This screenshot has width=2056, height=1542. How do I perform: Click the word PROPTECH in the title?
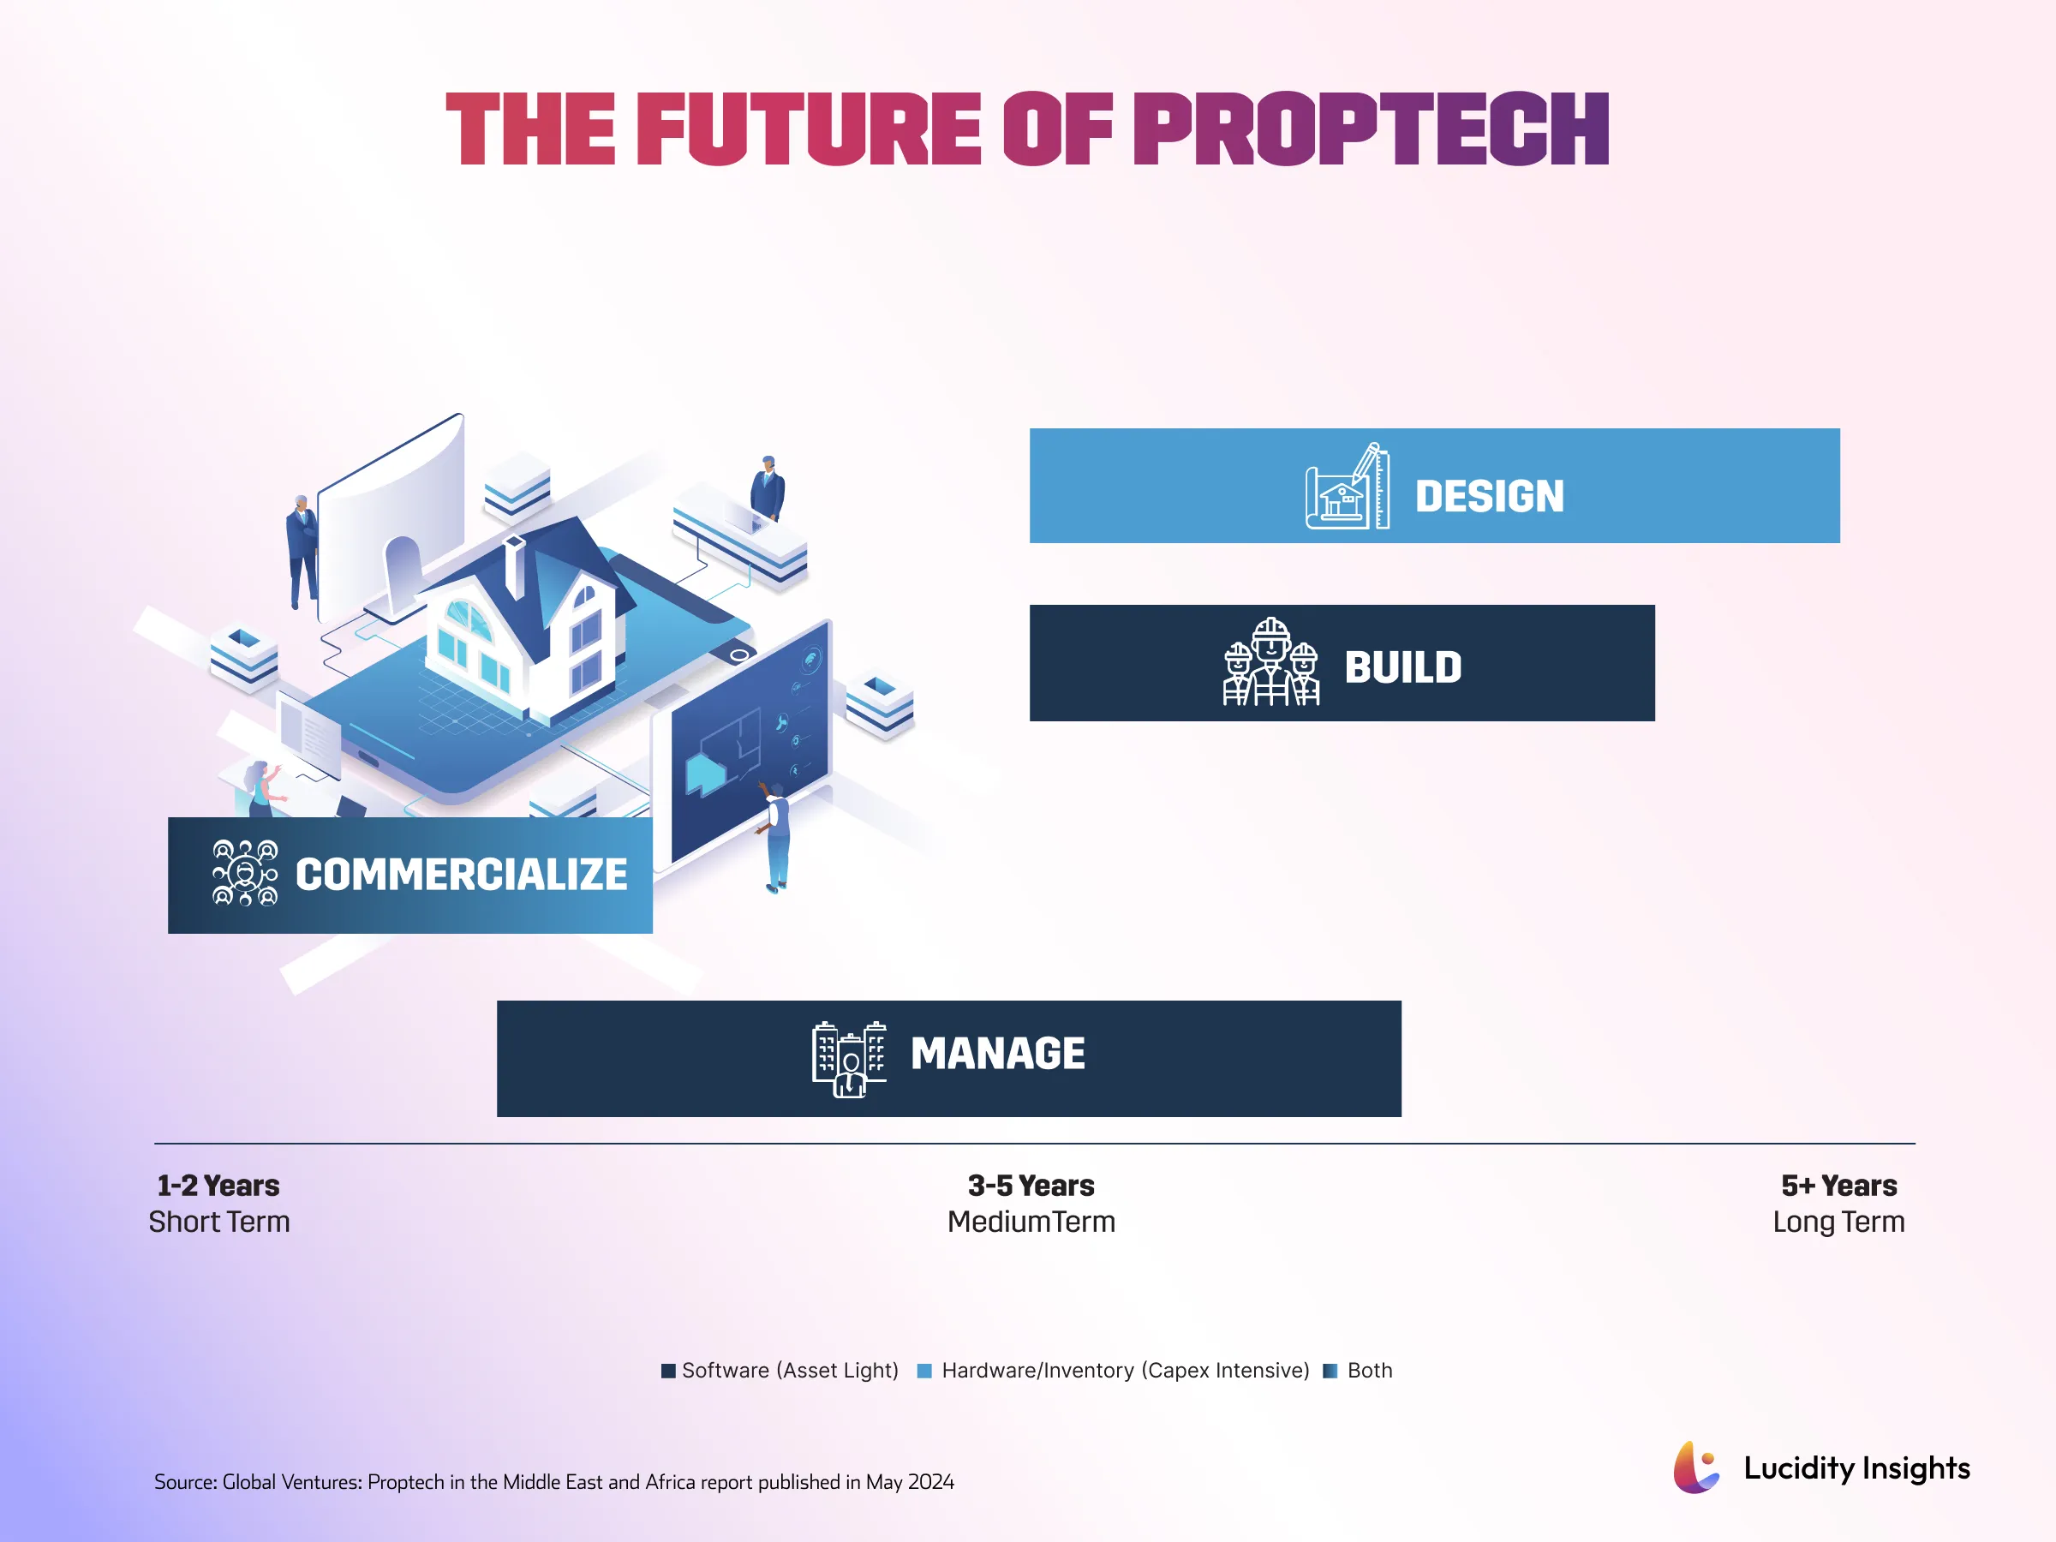click(1370, 129)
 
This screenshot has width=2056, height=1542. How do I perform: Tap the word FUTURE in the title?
click(808, 129)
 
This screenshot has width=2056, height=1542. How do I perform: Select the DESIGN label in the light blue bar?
click(1489, 495)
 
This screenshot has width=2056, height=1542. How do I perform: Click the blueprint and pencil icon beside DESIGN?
click(1347, 487)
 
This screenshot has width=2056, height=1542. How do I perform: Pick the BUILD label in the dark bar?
click(1402, 666)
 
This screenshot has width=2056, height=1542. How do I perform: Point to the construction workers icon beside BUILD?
click(1270, 663)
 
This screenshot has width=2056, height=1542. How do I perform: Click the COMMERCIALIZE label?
click(461, 875)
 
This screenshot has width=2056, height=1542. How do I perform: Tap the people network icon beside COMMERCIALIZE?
click(244, 873)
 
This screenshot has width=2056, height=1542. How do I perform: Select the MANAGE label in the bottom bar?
click(997, 1053)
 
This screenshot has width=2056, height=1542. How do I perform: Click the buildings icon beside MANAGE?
click(849, 1059)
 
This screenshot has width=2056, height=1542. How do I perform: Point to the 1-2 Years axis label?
click(218, 1186)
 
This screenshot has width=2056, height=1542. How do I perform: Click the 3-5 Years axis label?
click(1031, 1186)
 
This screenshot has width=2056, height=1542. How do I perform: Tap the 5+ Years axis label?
click(1838, 1186)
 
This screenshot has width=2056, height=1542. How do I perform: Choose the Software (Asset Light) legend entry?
click(789, 1370)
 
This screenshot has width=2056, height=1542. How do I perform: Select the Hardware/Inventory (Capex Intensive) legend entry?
click(1124, 1370)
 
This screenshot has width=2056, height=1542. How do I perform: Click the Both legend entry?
click(1368, 1370)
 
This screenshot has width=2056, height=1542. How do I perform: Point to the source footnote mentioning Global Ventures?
click(554, 1481)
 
